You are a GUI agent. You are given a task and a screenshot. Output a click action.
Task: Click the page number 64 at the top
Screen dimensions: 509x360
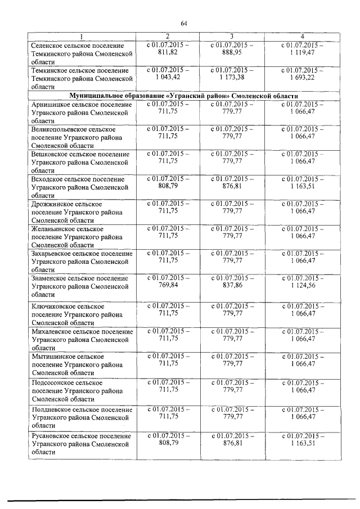pyautogui.click(x=184, y=22)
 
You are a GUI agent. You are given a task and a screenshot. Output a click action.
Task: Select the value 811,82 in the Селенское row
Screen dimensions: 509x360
pyautogui.click(x=168, y=52)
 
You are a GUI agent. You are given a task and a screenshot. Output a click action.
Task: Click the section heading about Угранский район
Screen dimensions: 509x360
pyautogui.click(x=183, y=96)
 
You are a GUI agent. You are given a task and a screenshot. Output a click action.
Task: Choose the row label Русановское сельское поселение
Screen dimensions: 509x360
pyautogui.click(x=83, y=436)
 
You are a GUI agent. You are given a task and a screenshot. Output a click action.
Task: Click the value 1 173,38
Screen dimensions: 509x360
pyautogui.click(x=232, y=77)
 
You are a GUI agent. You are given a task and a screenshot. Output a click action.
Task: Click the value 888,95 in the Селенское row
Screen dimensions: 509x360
pyautogui.click(x=232, y=52)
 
